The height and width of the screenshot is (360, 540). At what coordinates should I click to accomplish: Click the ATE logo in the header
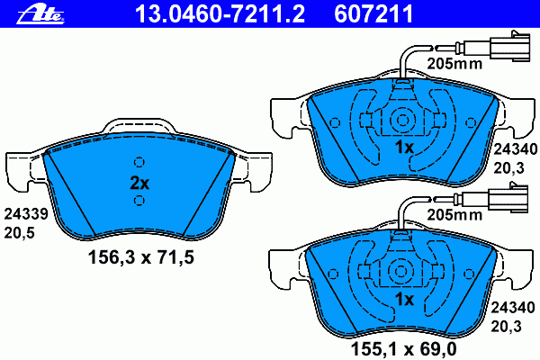click(40, 14)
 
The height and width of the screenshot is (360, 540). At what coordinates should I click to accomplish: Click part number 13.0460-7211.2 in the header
click(220, 13)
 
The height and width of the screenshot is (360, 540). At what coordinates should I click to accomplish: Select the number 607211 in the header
click(373, 13)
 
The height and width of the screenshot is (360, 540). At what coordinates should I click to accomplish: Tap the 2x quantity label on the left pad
click(139, 183)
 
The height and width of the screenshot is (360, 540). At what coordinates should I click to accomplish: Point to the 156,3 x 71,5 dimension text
click(141, 257)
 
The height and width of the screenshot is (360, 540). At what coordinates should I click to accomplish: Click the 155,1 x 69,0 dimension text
click(403, 348)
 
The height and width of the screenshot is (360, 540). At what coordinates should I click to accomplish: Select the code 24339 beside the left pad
click(26, 214)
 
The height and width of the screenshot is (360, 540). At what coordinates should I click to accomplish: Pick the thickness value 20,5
click(19, 233)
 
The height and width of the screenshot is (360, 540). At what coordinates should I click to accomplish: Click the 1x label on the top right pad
click(404, 148)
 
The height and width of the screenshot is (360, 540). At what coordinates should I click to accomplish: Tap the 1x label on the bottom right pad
click(404, 299)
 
